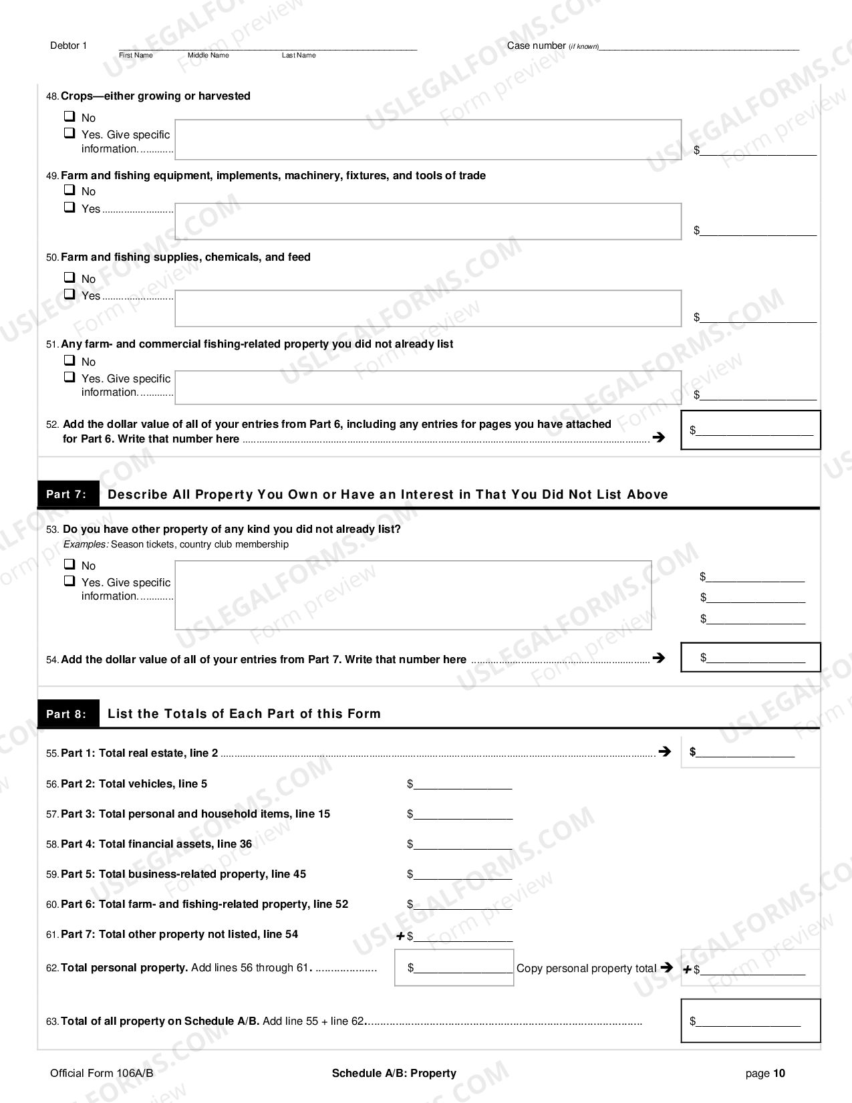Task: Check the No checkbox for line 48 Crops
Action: [69, 116]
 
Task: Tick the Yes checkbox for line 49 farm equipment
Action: [69, 207]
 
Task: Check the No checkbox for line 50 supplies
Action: [69, 277]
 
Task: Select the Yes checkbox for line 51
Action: [69, 377]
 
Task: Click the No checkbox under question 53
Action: [69, 564]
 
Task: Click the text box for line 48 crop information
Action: [428, 140]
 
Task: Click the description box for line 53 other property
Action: [413, 595]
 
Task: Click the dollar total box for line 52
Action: [750, 430]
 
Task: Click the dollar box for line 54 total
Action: [750, 657]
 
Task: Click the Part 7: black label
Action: [67, 495]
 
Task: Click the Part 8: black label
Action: [67, 714]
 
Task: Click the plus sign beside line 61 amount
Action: [400, 936]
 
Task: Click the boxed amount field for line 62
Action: [454, 967]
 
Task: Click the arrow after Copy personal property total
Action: [666, 967]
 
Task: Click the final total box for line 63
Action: [750, 1020]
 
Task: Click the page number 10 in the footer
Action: [779, 1074]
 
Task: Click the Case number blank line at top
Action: [698, 47]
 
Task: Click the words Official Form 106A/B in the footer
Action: [102, 1074]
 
